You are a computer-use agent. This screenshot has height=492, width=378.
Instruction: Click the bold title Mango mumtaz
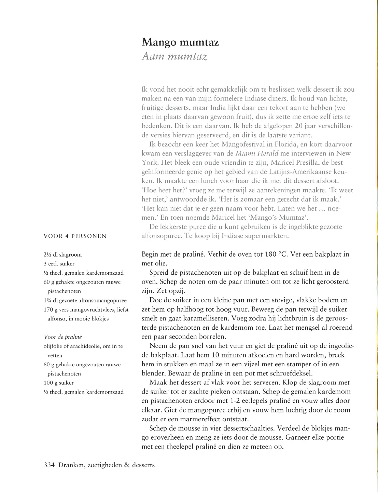pos(180,42)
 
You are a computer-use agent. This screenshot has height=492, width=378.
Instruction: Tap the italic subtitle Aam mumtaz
pos(174,56)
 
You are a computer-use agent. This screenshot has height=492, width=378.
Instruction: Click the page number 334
pos(49,465)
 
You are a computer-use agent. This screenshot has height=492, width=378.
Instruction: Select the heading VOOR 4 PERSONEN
pos(75,236)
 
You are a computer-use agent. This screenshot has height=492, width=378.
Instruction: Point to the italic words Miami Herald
pos(257,153)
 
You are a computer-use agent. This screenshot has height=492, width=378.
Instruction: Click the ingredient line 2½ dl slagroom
pos(62,255)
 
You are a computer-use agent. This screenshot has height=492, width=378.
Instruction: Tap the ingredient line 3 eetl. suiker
pos(59,264)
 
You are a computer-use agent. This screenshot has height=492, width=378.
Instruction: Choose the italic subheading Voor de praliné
pos(63,337)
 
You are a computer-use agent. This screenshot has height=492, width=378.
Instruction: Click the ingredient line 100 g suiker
pos(58,383)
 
